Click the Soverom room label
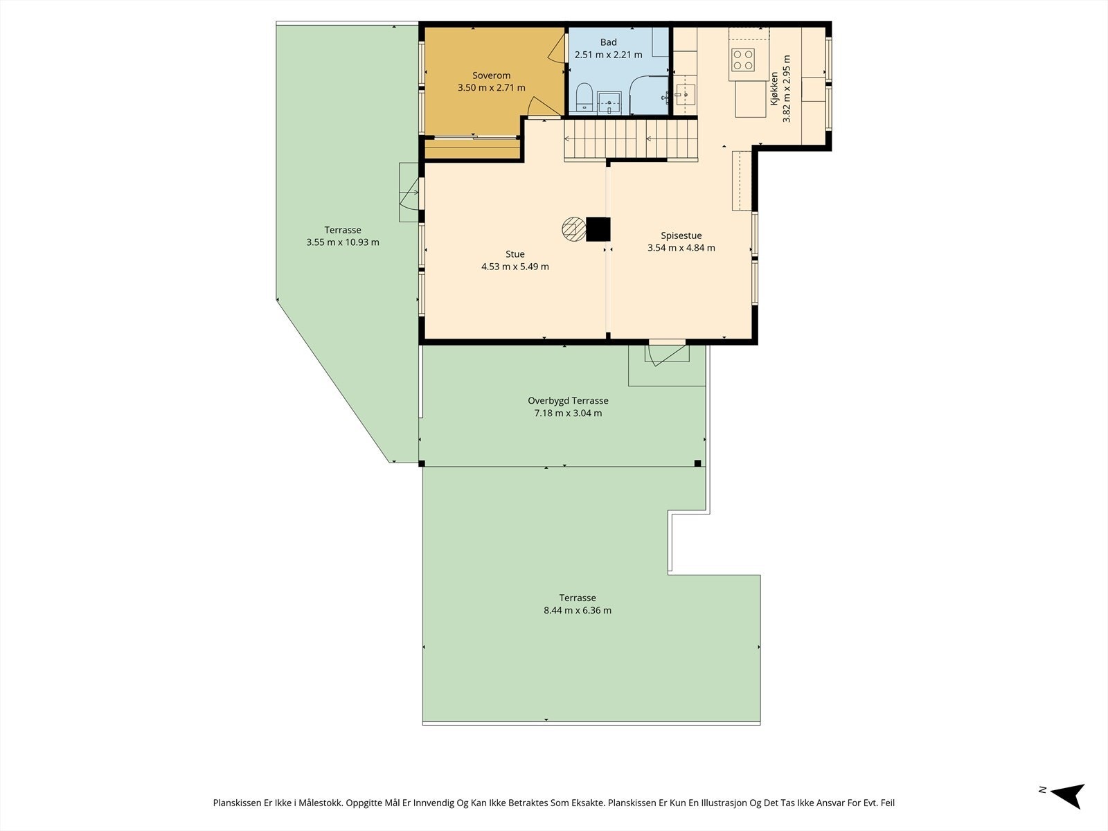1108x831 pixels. pos(491,75)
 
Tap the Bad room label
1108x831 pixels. pos(608,42)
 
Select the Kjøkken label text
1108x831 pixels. pos(774,89)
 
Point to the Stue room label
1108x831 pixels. pos(515,254)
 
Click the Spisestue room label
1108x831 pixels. pos(681,235)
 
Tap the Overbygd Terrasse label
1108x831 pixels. pos(568,401)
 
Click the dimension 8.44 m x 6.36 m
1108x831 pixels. pos(578,611)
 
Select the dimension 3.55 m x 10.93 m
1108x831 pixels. pos(343,242)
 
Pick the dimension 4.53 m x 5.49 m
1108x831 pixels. pos(515,267)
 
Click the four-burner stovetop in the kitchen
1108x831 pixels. pos(743,60)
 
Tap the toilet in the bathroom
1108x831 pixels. pos(584,97)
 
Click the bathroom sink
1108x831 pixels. pos(609,102)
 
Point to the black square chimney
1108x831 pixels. pos(598,230)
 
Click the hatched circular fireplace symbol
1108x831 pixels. pos(574,229)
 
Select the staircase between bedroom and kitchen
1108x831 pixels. pos(630,139)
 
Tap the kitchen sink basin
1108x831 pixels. pos(686,95)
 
